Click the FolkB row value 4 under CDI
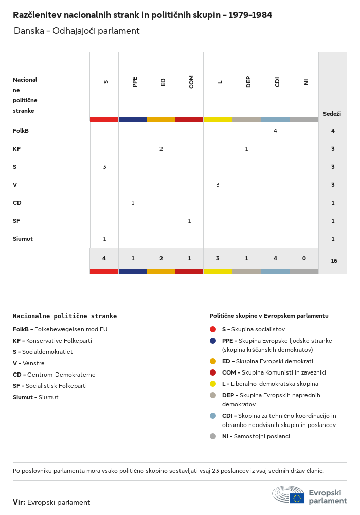click(275, 131)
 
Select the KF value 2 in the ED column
click(161, 149)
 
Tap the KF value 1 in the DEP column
click(246, 149)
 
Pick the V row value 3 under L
click(218, 185)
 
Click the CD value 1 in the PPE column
click(133, 203)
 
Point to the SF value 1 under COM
click(189, 221)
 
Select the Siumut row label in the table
click(23, 239)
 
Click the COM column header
click(191, 82)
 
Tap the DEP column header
click(248, 82)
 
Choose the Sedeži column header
click(332, 114)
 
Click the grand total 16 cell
click(334, 261)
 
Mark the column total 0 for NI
click(304, 258)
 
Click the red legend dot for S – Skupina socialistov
click(213, 329)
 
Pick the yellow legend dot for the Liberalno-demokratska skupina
click(213, 384)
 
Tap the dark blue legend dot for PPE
click(213, 341)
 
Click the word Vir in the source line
click(19, 502)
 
